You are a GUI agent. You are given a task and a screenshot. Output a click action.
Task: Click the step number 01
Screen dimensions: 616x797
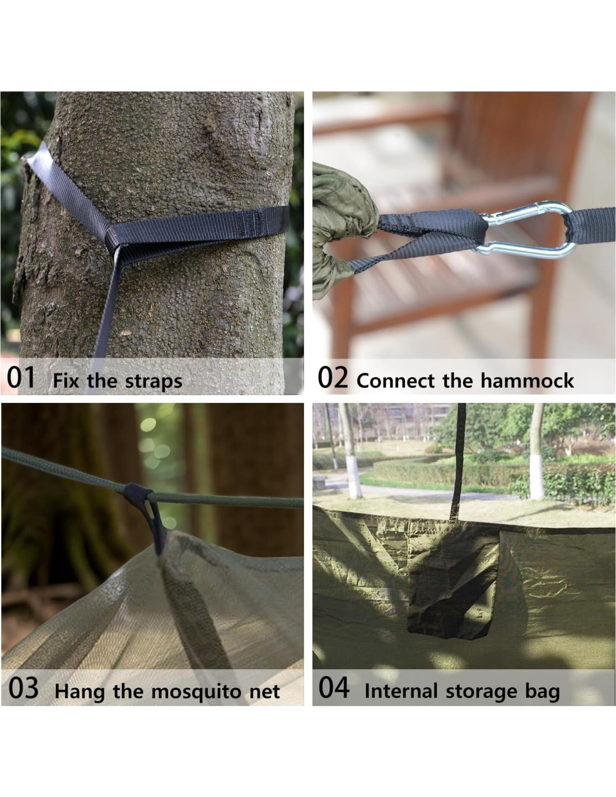tap(21, 377)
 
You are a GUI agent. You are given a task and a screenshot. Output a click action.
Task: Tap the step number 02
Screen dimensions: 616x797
tap(333, 377)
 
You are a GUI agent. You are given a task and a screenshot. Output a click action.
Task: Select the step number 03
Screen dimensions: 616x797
tap(23, 688)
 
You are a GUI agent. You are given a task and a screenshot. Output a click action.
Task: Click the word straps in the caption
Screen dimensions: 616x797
tap(153, 382)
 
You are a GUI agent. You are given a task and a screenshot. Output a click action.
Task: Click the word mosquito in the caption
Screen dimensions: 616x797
tap(197, 692)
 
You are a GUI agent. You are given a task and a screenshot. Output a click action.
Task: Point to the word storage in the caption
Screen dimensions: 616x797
tap(481, 692)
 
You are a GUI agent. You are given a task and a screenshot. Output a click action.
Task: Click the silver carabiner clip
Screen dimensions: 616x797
tap(526, 230)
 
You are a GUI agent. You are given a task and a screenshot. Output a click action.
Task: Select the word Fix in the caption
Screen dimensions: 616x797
tap(66, 381)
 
